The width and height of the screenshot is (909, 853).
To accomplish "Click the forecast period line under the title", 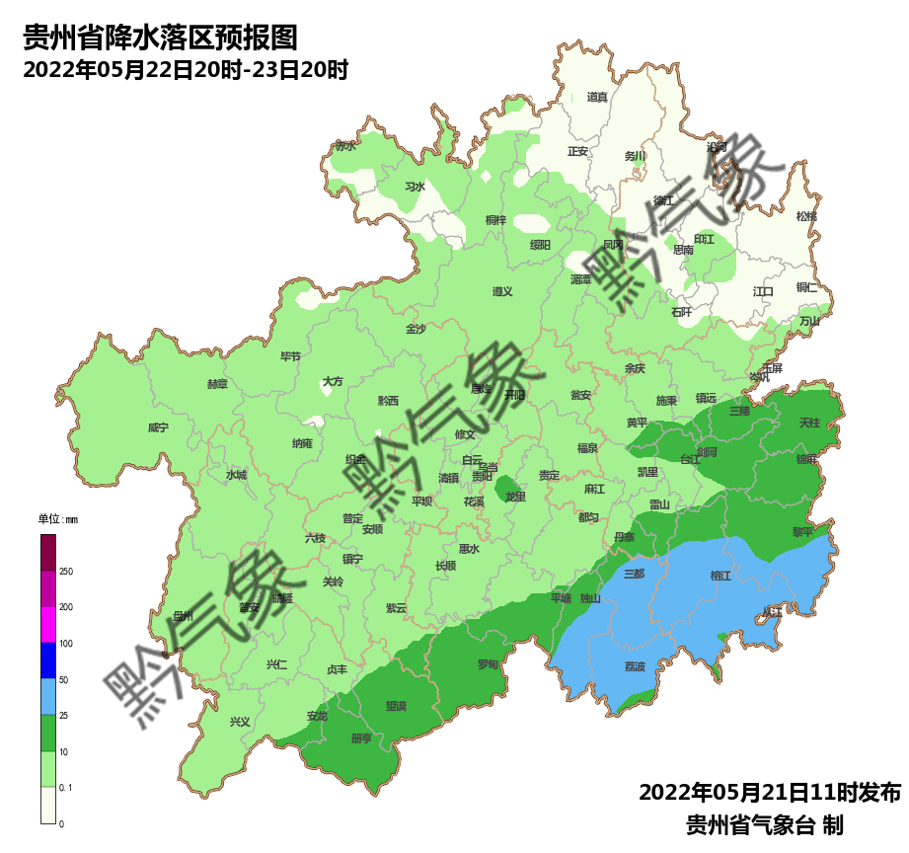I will click(186, 70).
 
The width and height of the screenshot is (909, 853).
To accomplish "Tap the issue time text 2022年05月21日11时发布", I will click(770, 793).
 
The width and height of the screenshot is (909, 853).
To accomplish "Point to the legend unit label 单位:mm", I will click(57, 519).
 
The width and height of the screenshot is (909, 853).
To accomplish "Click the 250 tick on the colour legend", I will click(66, 572).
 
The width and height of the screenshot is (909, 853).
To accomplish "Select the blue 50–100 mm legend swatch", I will click(48, 661).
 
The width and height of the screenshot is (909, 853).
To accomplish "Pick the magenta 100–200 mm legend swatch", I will click(48, 625).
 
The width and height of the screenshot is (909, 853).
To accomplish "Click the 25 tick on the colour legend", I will click(64, 716).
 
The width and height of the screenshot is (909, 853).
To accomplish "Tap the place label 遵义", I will click(502, 291).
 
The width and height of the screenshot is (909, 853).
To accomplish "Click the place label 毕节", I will click(290, 356).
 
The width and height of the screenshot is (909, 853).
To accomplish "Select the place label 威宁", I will click(158, 427).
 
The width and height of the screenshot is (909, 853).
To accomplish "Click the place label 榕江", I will click(720, 576).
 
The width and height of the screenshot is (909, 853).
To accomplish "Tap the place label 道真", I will click(597, 97).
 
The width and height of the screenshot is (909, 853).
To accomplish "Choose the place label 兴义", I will click(240, 722).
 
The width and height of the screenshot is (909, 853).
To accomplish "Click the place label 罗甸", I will click(488, 664).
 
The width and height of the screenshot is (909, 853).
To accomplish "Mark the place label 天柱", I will click(809, 423).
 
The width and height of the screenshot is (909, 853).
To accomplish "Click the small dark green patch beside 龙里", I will click(507, 485).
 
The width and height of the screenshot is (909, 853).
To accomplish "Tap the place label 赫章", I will click(217, 384).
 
